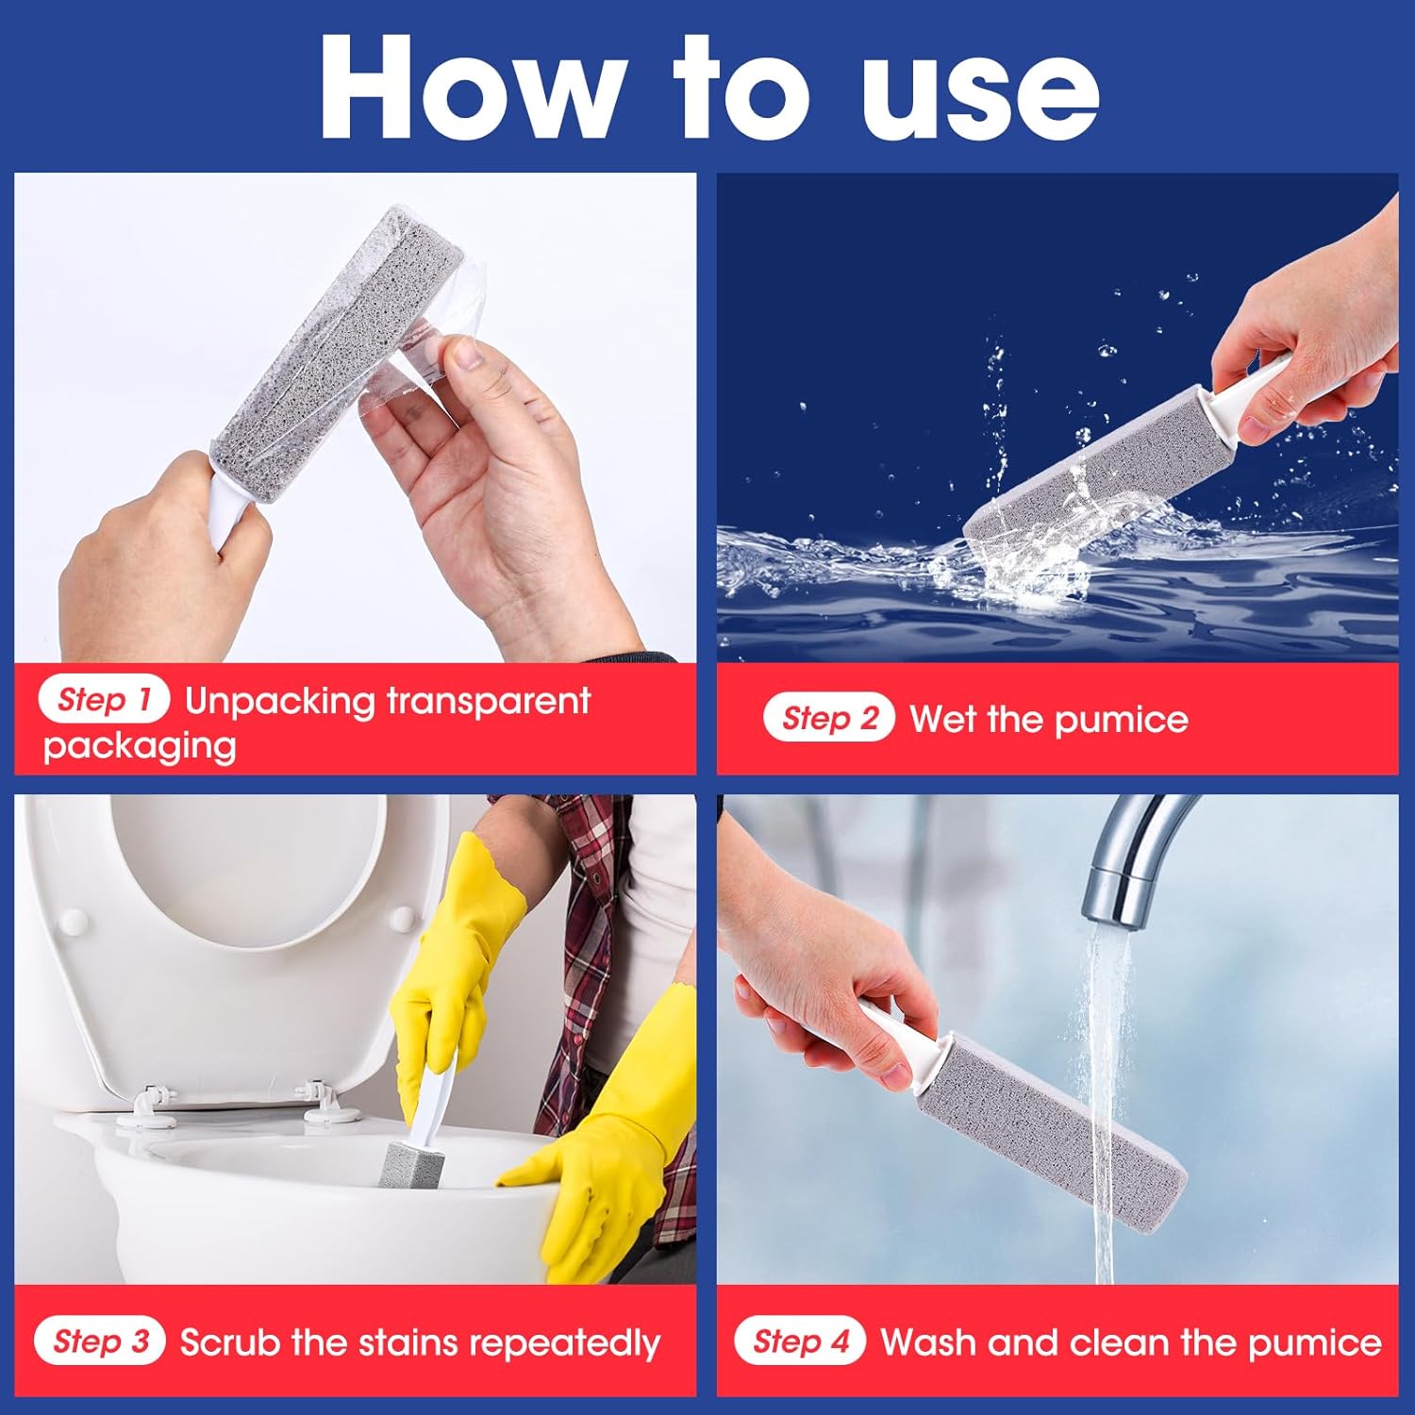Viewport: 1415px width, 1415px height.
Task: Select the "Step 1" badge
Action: click(x=104, y=700)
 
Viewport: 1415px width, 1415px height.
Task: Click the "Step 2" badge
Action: click(x=829, y=719)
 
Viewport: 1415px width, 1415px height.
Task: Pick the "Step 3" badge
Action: click(x=100, y=1341)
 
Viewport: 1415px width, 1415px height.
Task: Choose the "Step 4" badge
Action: click(x=801, y=1341)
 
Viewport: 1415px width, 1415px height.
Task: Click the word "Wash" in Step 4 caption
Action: click(x=926, y=1341)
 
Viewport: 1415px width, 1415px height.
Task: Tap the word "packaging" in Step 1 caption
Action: click(x=140, y=747)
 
